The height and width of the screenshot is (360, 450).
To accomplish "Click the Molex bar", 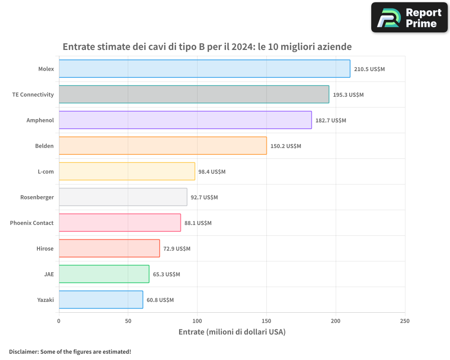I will click(x=204, y=69).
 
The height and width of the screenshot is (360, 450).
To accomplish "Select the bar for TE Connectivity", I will click(x=193, y=94).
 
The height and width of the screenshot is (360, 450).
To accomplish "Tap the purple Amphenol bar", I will click(x=185, y=120).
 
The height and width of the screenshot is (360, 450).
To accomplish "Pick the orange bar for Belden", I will click(x=162, y=146).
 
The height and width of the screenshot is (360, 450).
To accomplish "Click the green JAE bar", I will click(x=104, y=274).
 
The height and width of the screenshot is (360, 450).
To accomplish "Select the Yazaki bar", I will click(x=101, y=300).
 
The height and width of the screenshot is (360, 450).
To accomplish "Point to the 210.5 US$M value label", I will click(x=369, y=69).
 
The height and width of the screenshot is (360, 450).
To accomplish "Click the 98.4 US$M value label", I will click(x=212, y=172).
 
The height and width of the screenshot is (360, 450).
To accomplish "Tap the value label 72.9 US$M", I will click(x=177, y=249).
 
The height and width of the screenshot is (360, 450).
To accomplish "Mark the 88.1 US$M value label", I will click(x=198, y=223).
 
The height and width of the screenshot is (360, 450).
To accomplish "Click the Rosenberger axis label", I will click(x=37, y=197).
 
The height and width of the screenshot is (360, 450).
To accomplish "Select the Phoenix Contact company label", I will click(x=31, y=223).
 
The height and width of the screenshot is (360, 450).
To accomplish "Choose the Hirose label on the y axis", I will click(x=45, y=248).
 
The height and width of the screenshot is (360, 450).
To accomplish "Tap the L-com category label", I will click(x=45, y=171).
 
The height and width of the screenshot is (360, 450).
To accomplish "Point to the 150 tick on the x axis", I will click(x=266, y=321).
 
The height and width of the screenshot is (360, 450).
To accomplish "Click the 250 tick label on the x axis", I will click(x=405, y=321).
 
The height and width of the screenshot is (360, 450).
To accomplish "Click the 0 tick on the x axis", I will click(x=59, y=321).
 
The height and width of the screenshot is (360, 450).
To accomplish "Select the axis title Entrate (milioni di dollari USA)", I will click(x=232, y=332).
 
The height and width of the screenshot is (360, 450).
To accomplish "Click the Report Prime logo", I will click(x=409, y=18).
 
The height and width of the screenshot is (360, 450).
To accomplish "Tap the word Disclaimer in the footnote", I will click(x=23, y=352).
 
